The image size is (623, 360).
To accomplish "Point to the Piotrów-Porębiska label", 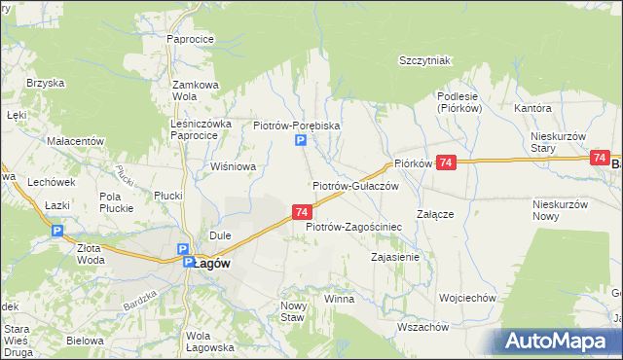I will [x=296, y=126].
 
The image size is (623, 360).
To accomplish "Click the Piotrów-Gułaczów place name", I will [x=355, y=185].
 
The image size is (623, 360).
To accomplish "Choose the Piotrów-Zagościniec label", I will [x=354, y=227].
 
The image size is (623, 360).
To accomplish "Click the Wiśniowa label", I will [x=234, y=166].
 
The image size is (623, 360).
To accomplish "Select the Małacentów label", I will [x=75, y=141].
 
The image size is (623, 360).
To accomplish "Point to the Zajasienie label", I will [x=395, y=258].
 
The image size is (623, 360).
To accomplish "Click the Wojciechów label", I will [x=468, y=298].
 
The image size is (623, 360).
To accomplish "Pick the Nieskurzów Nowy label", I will [x=561, y=209].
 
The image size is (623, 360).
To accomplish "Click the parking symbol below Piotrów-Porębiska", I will [x=301, y=143].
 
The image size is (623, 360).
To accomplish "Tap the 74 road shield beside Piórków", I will [x=446, y=164].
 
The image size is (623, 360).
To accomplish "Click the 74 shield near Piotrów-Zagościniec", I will [x=302, y=211].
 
